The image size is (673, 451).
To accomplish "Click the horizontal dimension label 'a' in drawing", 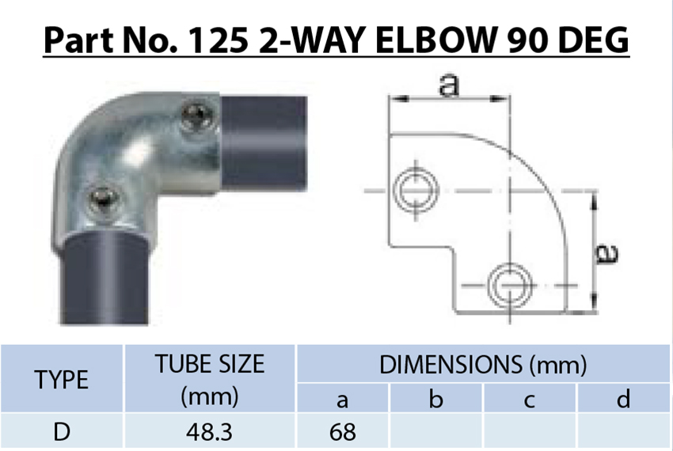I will pyautogui.click(x=449, y=85).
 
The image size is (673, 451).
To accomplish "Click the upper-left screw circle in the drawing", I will pyautogui.click(x=413, y=190).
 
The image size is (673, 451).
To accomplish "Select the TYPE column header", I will pyautogui.click(x=62, y=380).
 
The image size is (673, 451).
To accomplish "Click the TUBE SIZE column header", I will pyautogui.click(x=209, y=379).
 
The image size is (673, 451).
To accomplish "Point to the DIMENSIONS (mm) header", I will pyautogui.click(x=483, y=365).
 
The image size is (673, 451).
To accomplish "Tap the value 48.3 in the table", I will pyautogui.click(x=209, y=432).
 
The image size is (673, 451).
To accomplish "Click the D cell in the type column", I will pyautogui.click(x=62, y=432).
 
